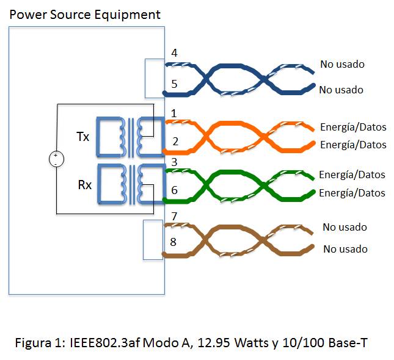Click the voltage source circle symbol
coord(56,159)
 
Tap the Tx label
coord(82,137)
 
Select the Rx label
coord(84,183)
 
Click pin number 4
coord(174,53)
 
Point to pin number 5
coord(174,84)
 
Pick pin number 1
coord(174,113)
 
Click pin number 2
coord(175,142)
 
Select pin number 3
coord(173,162)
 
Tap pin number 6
coord(174,190)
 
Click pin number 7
coord(174,216)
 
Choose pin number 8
coord(174,242)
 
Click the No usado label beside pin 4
coord(341,64)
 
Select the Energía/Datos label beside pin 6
coord(352,193)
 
